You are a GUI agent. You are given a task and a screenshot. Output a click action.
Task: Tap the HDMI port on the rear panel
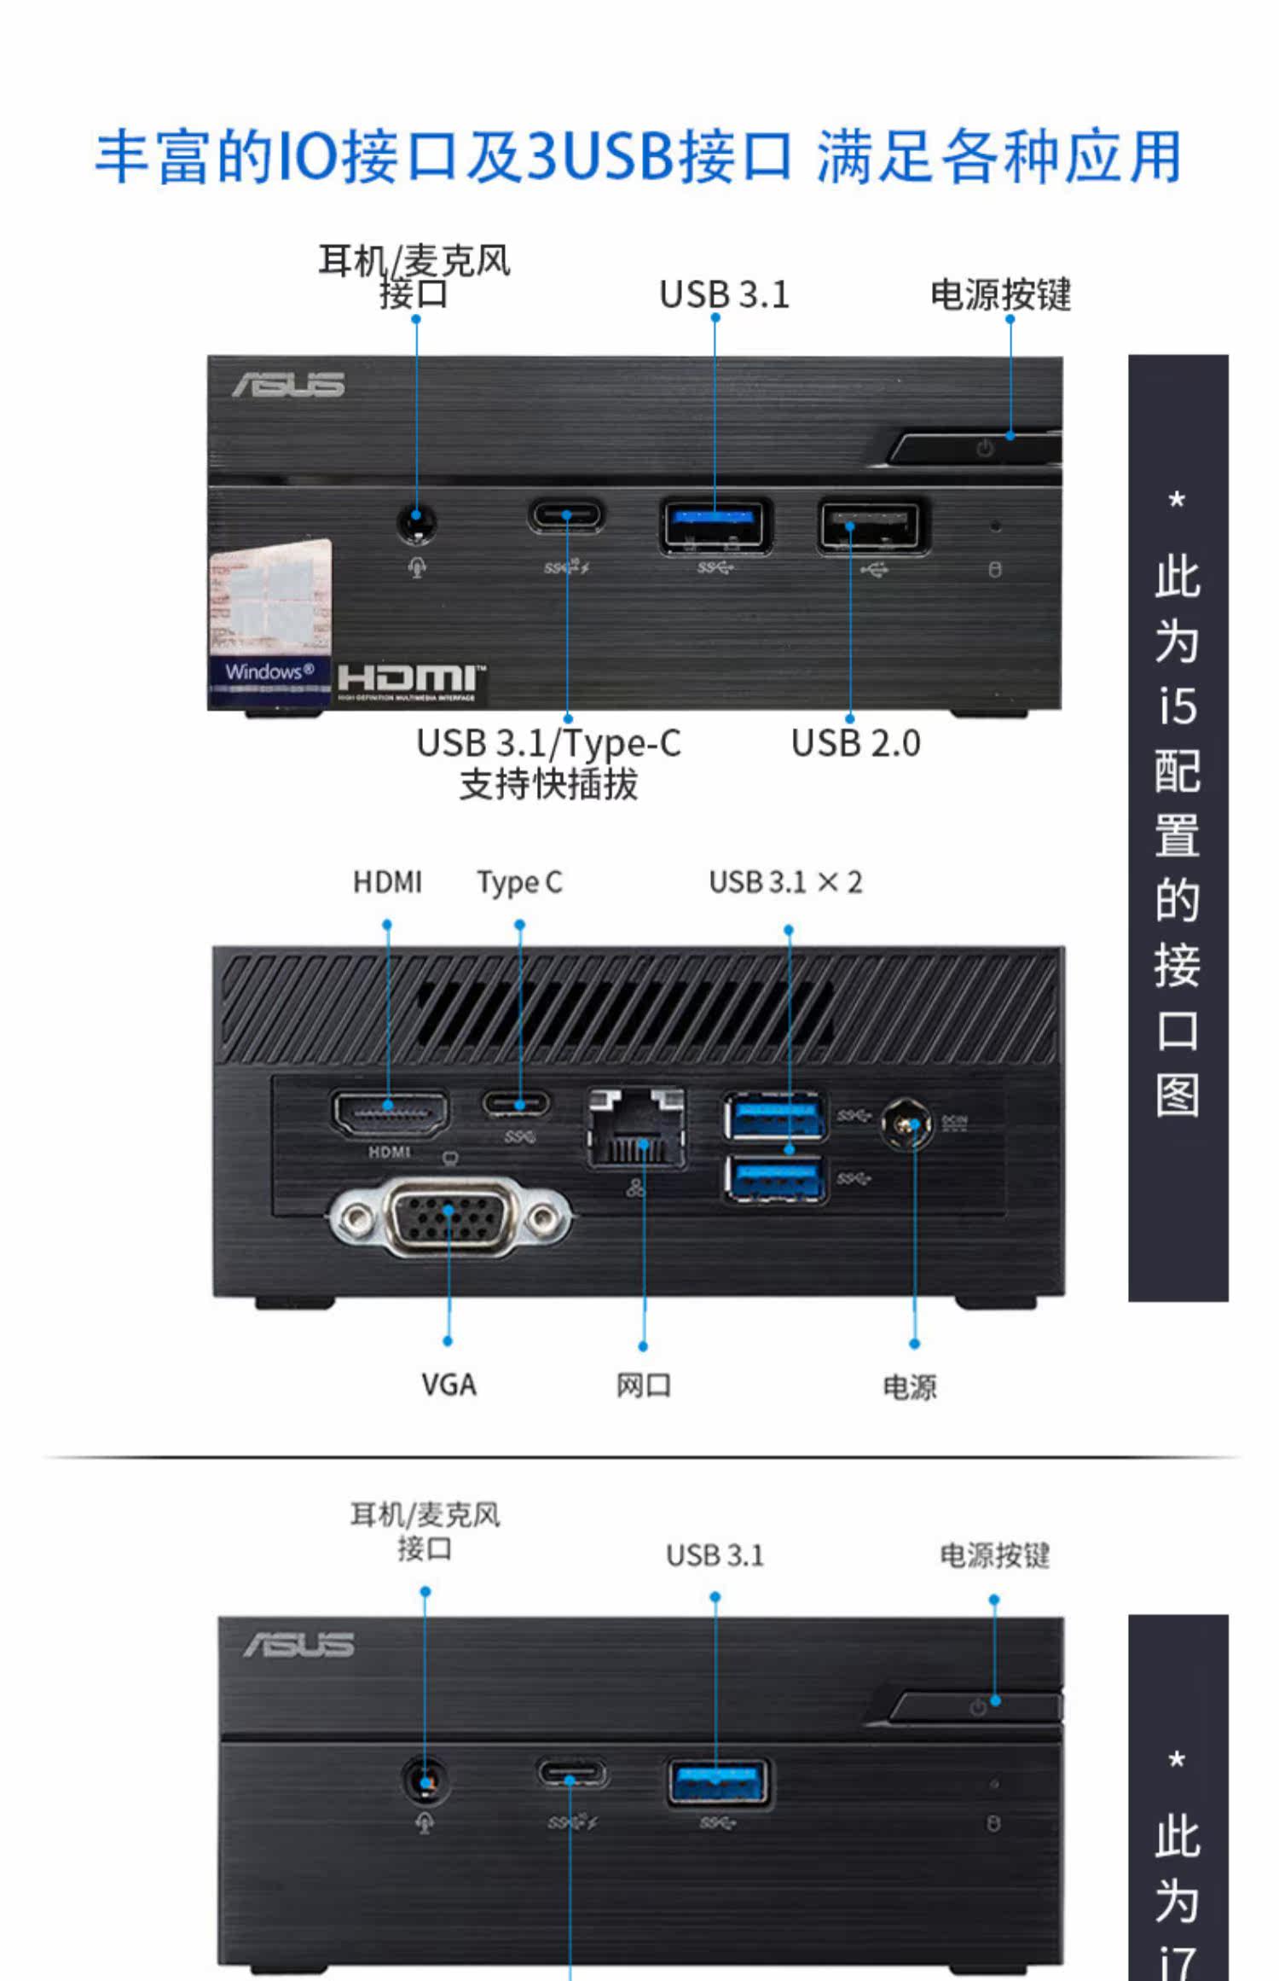(x=389, y=1114)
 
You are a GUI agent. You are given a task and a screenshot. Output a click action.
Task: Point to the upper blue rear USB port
(x=774, y=1115)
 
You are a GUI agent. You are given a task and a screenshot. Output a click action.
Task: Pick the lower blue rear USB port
(x=774, y=1178)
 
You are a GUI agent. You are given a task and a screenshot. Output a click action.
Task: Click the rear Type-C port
(x=518, y=1104)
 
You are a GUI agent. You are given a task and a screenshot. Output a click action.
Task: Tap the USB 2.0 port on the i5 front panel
(x=870, y=526)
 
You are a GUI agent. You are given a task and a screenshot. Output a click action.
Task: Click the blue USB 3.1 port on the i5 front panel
(x=715, y=524)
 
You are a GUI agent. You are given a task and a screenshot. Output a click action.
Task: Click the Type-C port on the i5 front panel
(x=566, y=516)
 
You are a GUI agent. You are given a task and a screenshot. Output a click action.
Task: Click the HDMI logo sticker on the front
(x=410, y=683)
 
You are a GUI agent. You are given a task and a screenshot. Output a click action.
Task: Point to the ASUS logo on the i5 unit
(x=289, y=385)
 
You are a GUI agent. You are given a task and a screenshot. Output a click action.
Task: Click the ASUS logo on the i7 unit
(x=298, y=1645)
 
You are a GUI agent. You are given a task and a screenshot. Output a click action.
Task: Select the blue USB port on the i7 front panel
(x=718, y=1782)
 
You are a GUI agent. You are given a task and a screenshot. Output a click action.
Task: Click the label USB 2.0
(x=855, y=743)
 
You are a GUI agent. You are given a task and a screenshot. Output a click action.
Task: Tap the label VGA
(x=449, y=1384)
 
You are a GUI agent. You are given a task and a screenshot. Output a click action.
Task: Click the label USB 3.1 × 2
(x=785, y=882)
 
